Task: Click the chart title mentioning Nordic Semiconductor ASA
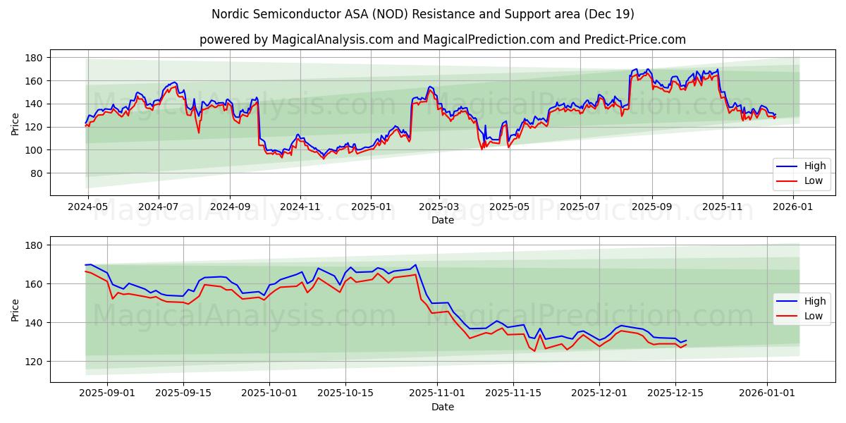point(423,14)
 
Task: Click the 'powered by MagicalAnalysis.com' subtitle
point(442,39)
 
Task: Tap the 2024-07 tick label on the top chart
point(158,207)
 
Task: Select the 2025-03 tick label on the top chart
point(439,207)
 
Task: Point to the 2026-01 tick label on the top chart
point(794,207)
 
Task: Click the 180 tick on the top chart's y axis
point(35,58)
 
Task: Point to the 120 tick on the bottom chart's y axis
point(35,362)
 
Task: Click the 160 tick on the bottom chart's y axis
point(35,284)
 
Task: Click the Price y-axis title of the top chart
point(15,124)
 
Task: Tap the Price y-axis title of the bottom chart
point(15,309)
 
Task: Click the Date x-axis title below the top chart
point(442,220)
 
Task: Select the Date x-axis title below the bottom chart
point(442,407)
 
